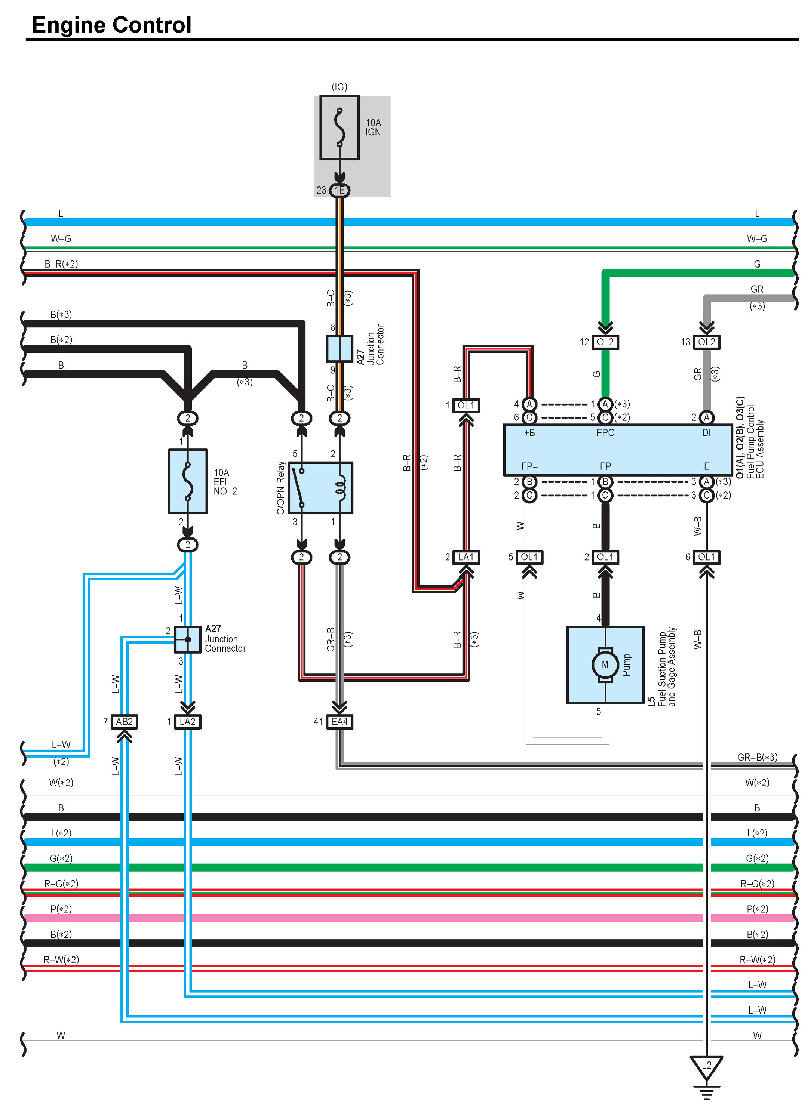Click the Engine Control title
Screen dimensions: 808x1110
pyautogui.click(x=112, y=25)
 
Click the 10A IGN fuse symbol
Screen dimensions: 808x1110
pyautogui.click(x=340, y=127)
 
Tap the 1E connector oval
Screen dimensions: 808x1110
pyautogui.click(x=340, y=190)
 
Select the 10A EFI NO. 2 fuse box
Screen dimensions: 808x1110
pyautogui.click(x=188, y=482)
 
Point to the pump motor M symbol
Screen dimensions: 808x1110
pyautogui.click(x=605, y=665)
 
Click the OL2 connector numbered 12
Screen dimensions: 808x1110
pyautogui.click(x=605, y=342)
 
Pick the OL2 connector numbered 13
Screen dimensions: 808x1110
pyautogui.click(x=706, y=342)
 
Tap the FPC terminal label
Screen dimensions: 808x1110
pyautogui.click(x=605, y=433)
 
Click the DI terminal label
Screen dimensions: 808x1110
pyautogui.click(x=706, y=433)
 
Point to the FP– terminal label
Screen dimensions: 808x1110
pyautogui.click(x=529, y=466)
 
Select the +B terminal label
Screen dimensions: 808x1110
pyautogui.click(x=529, y=433)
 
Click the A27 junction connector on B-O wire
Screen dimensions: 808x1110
pyautogui.click(x=340, y=348)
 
